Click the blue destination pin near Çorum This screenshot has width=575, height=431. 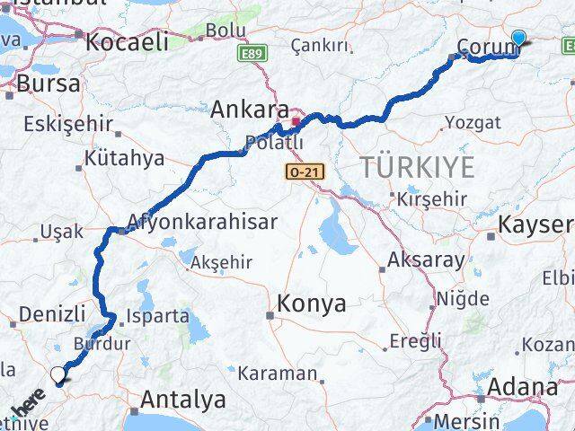click(x=518, y=38)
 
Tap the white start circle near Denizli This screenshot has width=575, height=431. click(x=58, y=374)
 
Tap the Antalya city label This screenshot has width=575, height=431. click(x=183, y=398)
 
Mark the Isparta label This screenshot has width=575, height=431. click(x=159, y=316)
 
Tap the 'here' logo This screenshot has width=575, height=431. click(x=28, y=414)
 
